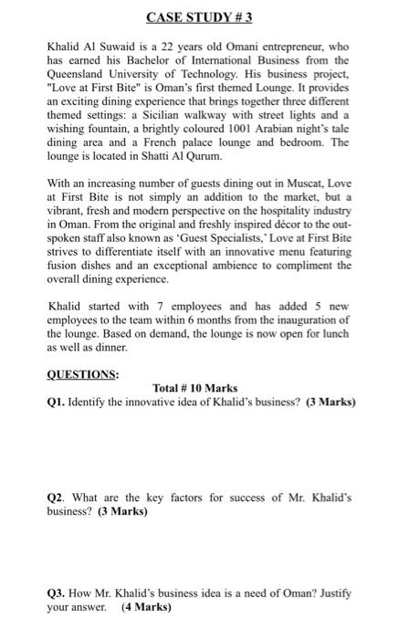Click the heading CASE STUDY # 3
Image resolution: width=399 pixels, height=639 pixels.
(x=200, y=16)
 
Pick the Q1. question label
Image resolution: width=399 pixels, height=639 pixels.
(x=57, y=402)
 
